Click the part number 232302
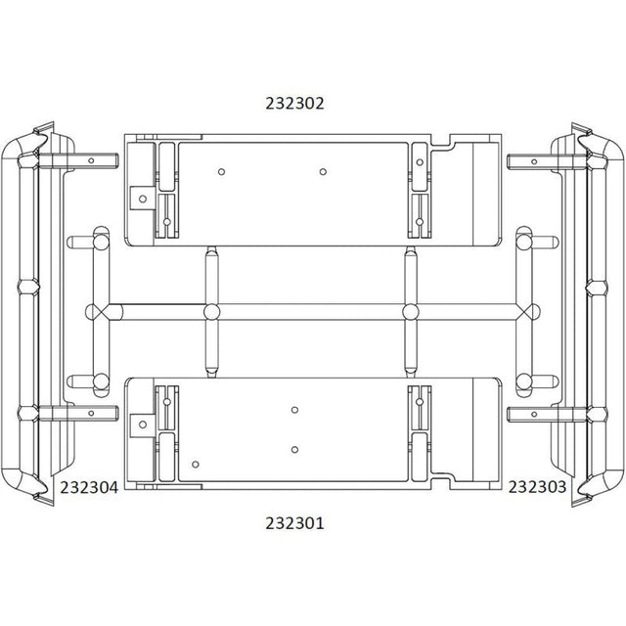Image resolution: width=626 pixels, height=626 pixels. tap(294, 104)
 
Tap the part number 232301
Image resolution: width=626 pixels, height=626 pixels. tap(294, 523)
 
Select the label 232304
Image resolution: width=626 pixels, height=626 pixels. tap(89, 487)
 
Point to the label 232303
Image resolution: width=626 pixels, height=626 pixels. tap(537, 487)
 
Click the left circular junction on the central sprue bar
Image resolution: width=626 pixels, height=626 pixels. tap(211, 312)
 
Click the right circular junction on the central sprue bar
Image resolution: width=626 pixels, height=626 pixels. tap(411, 312)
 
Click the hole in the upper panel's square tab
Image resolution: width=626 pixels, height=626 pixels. tap(143, 199)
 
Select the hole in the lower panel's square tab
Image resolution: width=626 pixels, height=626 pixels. tap(143, 425)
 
